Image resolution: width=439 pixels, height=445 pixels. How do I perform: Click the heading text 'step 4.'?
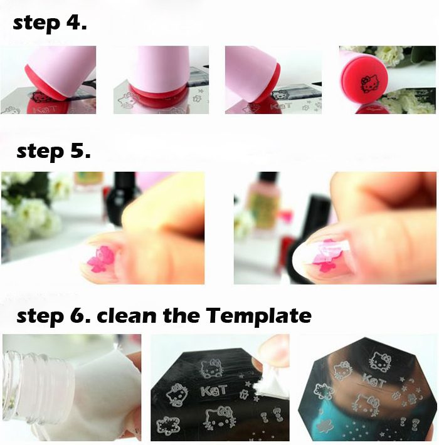point(50,23)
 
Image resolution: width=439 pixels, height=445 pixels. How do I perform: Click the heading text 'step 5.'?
point(54,152)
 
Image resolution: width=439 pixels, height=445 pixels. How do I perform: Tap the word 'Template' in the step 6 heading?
point(258,315)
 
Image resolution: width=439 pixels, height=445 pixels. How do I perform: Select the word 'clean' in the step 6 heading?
point(127,315)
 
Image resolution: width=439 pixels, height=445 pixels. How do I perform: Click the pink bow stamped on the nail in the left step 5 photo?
point(101,259)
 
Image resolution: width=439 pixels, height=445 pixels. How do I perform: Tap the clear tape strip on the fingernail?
point(334,249)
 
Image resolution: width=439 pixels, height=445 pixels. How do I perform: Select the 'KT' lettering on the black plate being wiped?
point(213,390)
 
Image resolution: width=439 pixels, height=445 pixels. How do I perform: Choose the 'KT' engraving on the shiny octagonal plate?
point(373,380)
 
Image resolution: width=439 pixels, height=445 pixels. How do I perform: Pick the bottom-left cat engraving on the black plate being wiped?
point(169,426)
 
